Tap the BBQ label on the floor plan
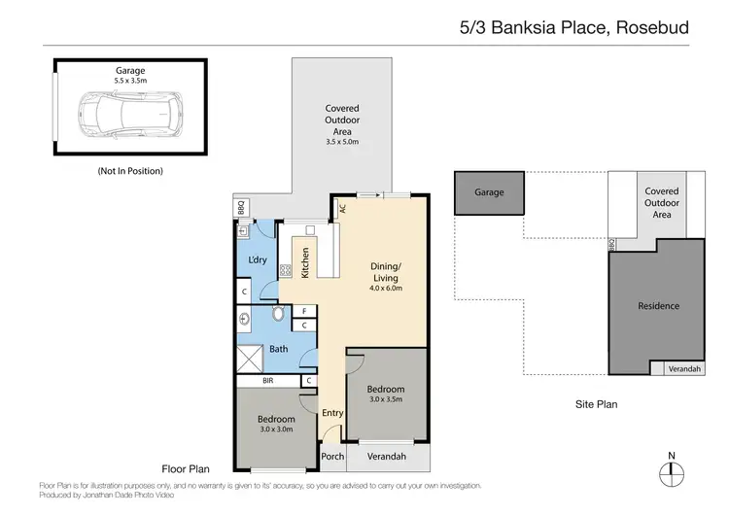tap(241, 206)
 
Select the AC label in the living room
tap(342, 208)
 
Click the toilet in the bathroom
tap(279, 315)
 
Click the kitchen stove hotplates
tap(287, 271)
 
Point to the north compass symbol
tap(672, 472)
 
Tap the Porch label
tap(332, 457)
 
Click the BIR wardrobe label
tap(266, 382)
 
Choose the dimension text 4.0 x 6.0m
tap(386, 289)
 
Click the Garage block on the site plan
tap(489, 192)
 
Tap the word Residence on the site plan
tap(658, 306)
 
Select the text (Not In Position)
tap(129, 171)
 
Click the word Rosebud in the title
tap(651, 27)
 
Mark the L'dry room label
tap(258, 260)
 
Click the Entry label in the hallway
tap(332, 413)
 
